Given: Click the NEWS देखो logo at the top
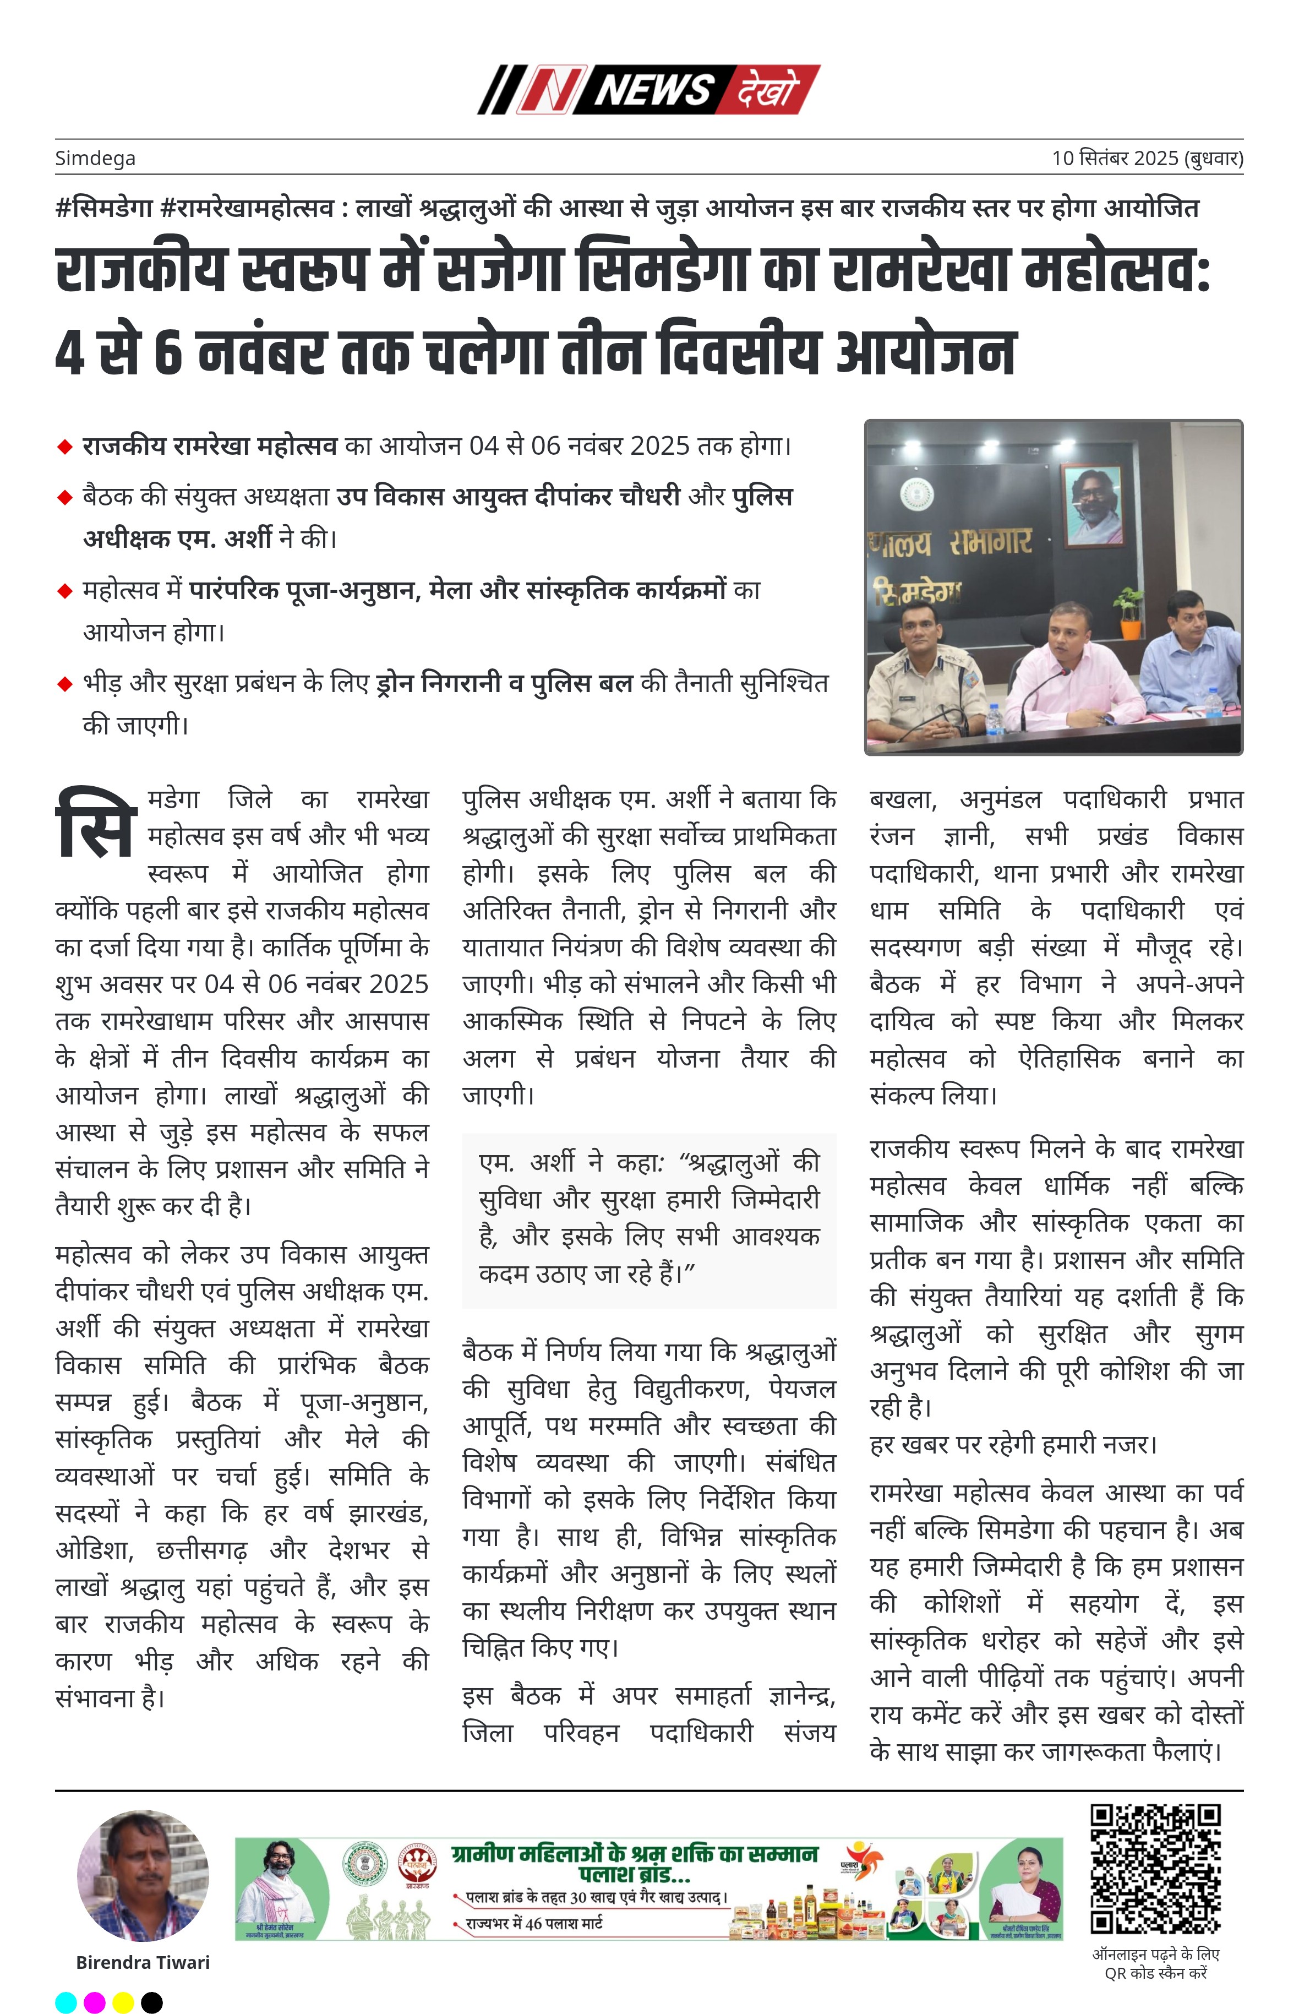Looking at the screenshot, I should pyautogui.click(x=648, y=89).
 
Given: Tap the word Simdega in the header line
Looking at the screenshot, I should pyautogui.click(x=95, y=158).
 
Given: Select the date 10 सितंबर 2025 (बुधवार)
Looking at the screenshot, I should pyautogui.click(x=1147, y=158).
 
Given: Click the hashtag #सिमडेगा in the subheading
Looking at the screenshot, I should pyautogui.click(x=103, y=208).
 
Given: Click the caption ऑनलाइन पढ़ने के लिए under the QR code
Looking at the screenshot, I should pyautogui.click(x=1155, y=1954).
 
